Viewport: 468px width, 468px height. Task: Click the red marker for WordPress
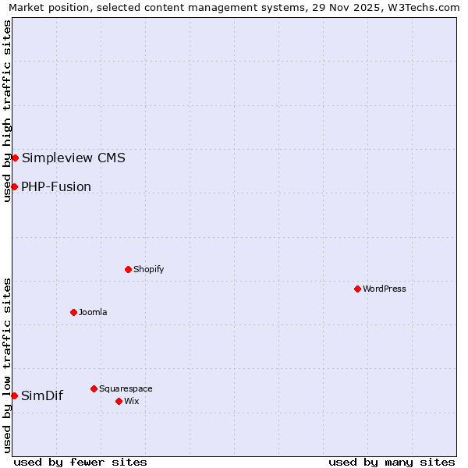(x=357, y=289)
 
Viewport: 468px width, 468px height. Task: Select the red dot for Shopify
(x=128, y=269)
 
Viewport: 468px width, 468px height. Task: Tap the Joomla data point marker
(x=73, y=312)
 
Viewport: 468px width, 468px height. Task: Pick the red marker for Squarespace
(x=94, y=388)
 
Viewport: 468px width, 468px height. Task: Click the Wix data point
(x=119, y=401)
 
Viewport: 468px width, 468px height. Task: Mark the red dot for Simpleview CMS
(x=15, y=158)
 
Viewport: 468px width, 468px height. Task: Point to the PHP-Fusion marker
(x=14, y=186)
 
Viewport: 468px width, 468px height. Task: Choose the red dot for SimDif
(x=14, y=395)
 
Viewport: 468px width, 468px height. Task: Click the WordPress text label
(x=385, y=289)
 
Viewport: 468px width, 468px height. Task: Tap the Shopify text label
(x=148, y=269)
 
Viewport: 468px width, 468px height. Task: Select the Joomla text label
(x=93, y=312)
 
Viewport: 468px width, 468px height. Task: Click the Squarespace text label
(x=126, y=388)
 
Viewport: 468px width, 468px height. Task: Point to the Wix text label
(x=131, y=401)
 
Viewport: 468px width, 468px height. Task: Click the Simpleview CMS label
(x=73, y=158)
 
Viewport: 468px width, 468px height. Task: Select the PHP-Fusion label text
(x=56, y=186)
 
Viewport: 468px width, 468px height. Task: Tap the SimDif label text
(x=42, y=395)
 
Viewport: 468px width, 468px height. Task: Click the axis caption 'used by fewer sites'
(x=80, y=462)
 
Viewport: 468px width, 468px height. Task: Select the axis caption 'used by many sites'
(x=392, y=462)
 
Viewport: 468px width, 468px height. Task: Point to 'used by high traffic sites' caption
(x=8, y=111)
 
